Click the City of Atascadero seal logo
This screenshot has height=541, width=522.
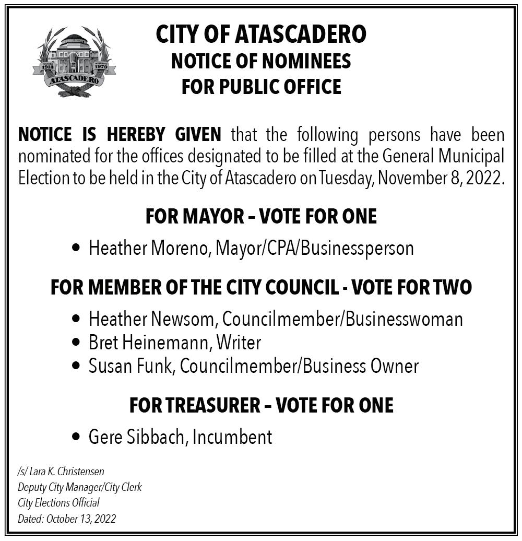click(74, 62)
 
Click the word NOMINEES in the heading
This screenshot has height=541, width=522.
click(306, 62)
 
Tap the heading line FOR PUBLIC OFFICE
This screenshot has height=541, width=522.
click(261, 87)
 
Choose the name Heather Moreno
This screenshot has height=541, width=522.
click(148, 248)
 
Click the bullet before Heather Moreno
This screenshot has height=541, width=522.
click(76, 248)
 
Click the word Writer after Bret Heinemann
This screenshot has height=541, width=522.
click(239, 343)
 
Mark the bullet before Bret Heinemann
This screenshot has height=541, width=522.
click(76, 343)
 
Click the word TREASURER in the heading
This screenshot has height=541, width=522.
click(210, 406)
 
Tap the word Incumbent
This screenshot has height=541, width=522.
click(232, 437)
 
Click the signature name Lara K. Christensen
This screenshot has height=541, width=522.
click(66, 472)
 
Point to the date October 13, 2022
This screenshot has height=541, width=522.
click(81, 519)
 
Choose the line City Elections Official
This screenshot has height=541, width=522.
click(58, 503)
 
